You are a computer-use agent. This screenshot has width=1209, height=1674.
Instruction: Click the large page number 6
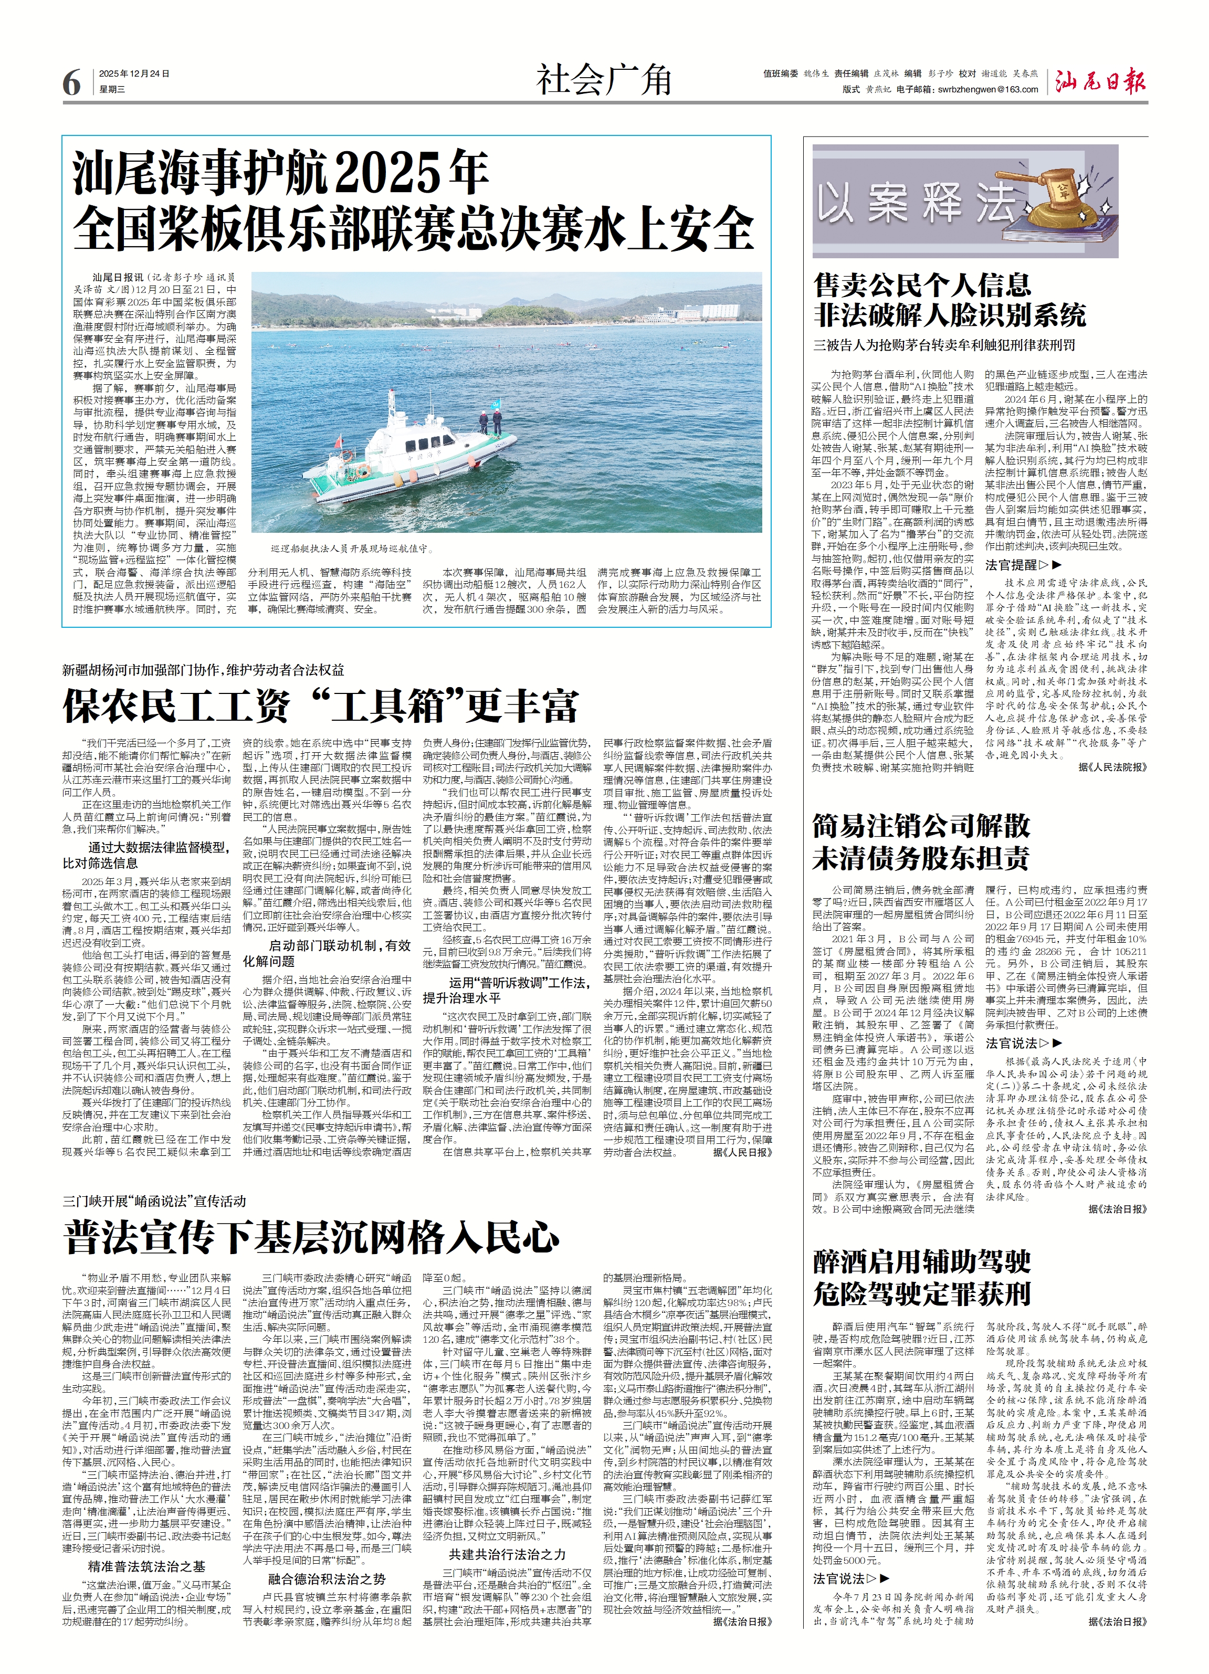click(71, 82)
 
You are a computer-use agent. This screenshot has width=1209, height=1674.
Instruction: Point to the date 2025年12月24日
click(134, 74)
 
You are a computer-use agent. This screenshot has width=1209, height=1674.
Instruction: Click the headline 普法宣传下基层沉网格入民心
click(311, 1238)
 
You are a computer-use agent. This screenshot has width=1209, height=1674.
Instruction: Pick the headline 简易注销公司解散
click(921, 825)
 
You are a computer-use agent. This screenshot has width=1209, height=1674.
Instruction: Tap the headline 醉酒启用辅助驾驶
click(921, 1261)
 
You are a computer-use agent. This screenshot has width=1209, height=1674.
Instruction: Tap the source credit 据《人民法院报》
click(1112, 767)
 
